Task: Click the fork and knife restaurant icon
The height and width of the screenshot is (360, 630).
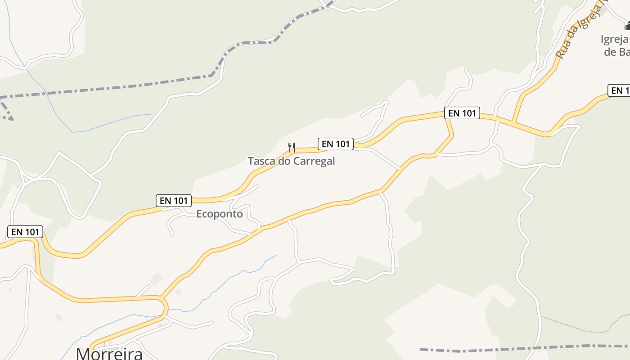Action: pyautogui.click(x=291, y=147)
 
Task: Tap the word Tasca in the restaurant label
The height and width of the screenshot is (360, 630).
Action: pyautogui.click(x=261, y=161)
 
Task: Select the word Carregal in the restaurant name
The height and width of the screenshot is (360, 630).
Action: pyautogui.click(x=314, y=161)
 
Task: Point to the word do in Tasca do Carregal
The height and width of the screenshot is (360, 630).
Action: pyautogui.click(x=284, y=161)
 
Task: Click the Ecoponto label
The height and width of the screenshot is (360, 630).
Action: pyautogui.click(x=220, y=214)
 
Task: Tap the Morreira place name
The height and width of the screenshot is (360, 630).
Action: pyautogui.click(x=109, y=353)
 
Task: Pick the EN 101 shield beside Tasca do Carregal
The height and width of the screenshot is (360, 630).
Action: pyautogui.click(x=335, y=144)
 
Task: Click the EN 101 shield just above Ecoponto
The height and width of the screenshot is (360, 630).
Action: pyautogui.click(x=174, y=201)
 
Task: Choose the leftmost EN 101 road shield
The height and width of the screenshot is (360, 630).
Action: pyautogui.click(x=25, y=232)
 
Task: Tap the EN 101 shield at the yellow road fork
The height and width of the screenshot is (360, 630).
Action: pyautogui.click(x=462, y=113)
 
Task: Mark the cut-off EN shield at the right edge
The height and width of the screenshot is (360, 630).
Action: pyautogui.click(x=619, y=90)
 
